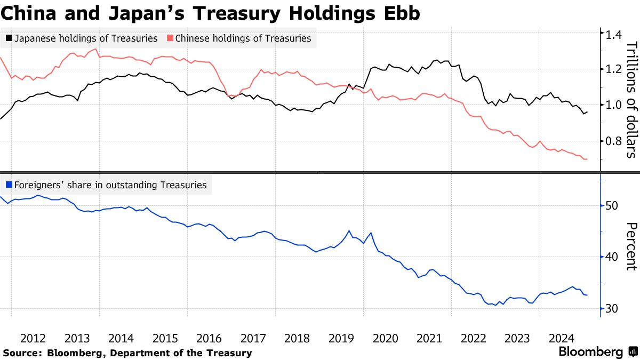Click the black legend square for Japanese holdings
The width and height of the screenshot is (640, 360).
point(9,38)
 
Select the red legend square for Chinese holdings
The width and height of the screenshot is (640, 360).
point(170,38)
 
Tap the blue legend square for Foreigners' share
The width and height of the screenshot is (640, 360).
point(9,185)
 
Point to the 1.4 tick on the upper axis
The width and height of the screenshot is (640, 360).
point(611,35)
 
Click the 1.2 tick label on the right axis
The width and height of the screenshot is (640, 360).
point(611,69)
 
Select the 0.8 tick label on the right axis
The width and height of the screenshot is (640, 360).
point(611,141)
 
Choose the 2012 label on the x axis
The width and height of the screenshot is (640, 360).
point(33,338)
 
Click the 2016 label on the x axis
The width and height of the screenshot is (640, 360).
point(209,338)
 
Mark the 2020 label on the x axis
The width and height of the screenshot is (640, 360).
point(385,338)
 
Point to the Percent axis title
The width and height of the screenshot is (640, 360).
point(630,246)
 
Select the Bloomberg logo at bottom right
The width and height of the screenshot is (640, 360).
point(598,352)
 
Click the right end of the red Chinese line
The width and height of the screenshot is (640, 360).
point(587,159)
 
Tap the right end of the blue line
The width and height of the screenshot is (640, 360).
point(587,295)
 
